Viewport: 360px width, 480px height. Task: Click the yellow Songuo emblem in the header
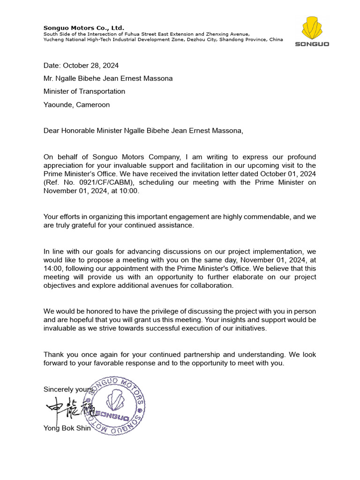point(312,28)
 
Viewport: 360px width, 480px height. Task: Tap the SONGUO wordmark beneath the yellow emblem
point(312,44)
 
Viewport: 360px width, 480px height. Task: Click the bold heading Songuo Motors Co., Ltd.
point(84,28)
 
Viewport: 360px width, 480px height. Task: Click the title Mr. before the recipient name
point(49,78)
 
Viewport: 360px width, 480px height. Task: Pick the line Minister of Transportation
point(84,91)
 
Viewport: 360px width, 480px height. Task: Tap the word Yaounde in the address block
point(57,105)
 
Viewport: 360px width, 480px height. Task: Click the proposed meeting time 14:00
point(52,269)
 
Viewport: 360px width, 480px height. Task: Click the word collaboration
point(212,285)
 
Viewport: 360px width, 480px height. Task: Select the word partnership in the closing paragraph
point(196,354)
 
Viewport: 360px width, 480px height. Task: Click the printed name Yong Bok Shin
point(67,428)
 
